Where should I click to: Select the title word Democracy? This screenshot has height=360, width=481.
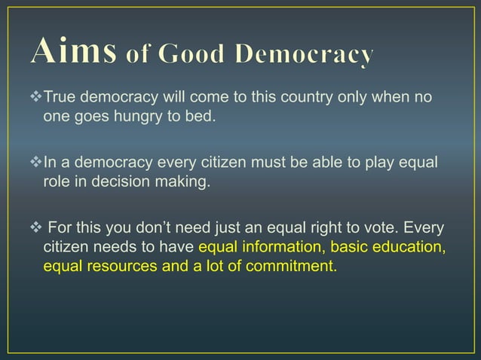click(x=305, y=55)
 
